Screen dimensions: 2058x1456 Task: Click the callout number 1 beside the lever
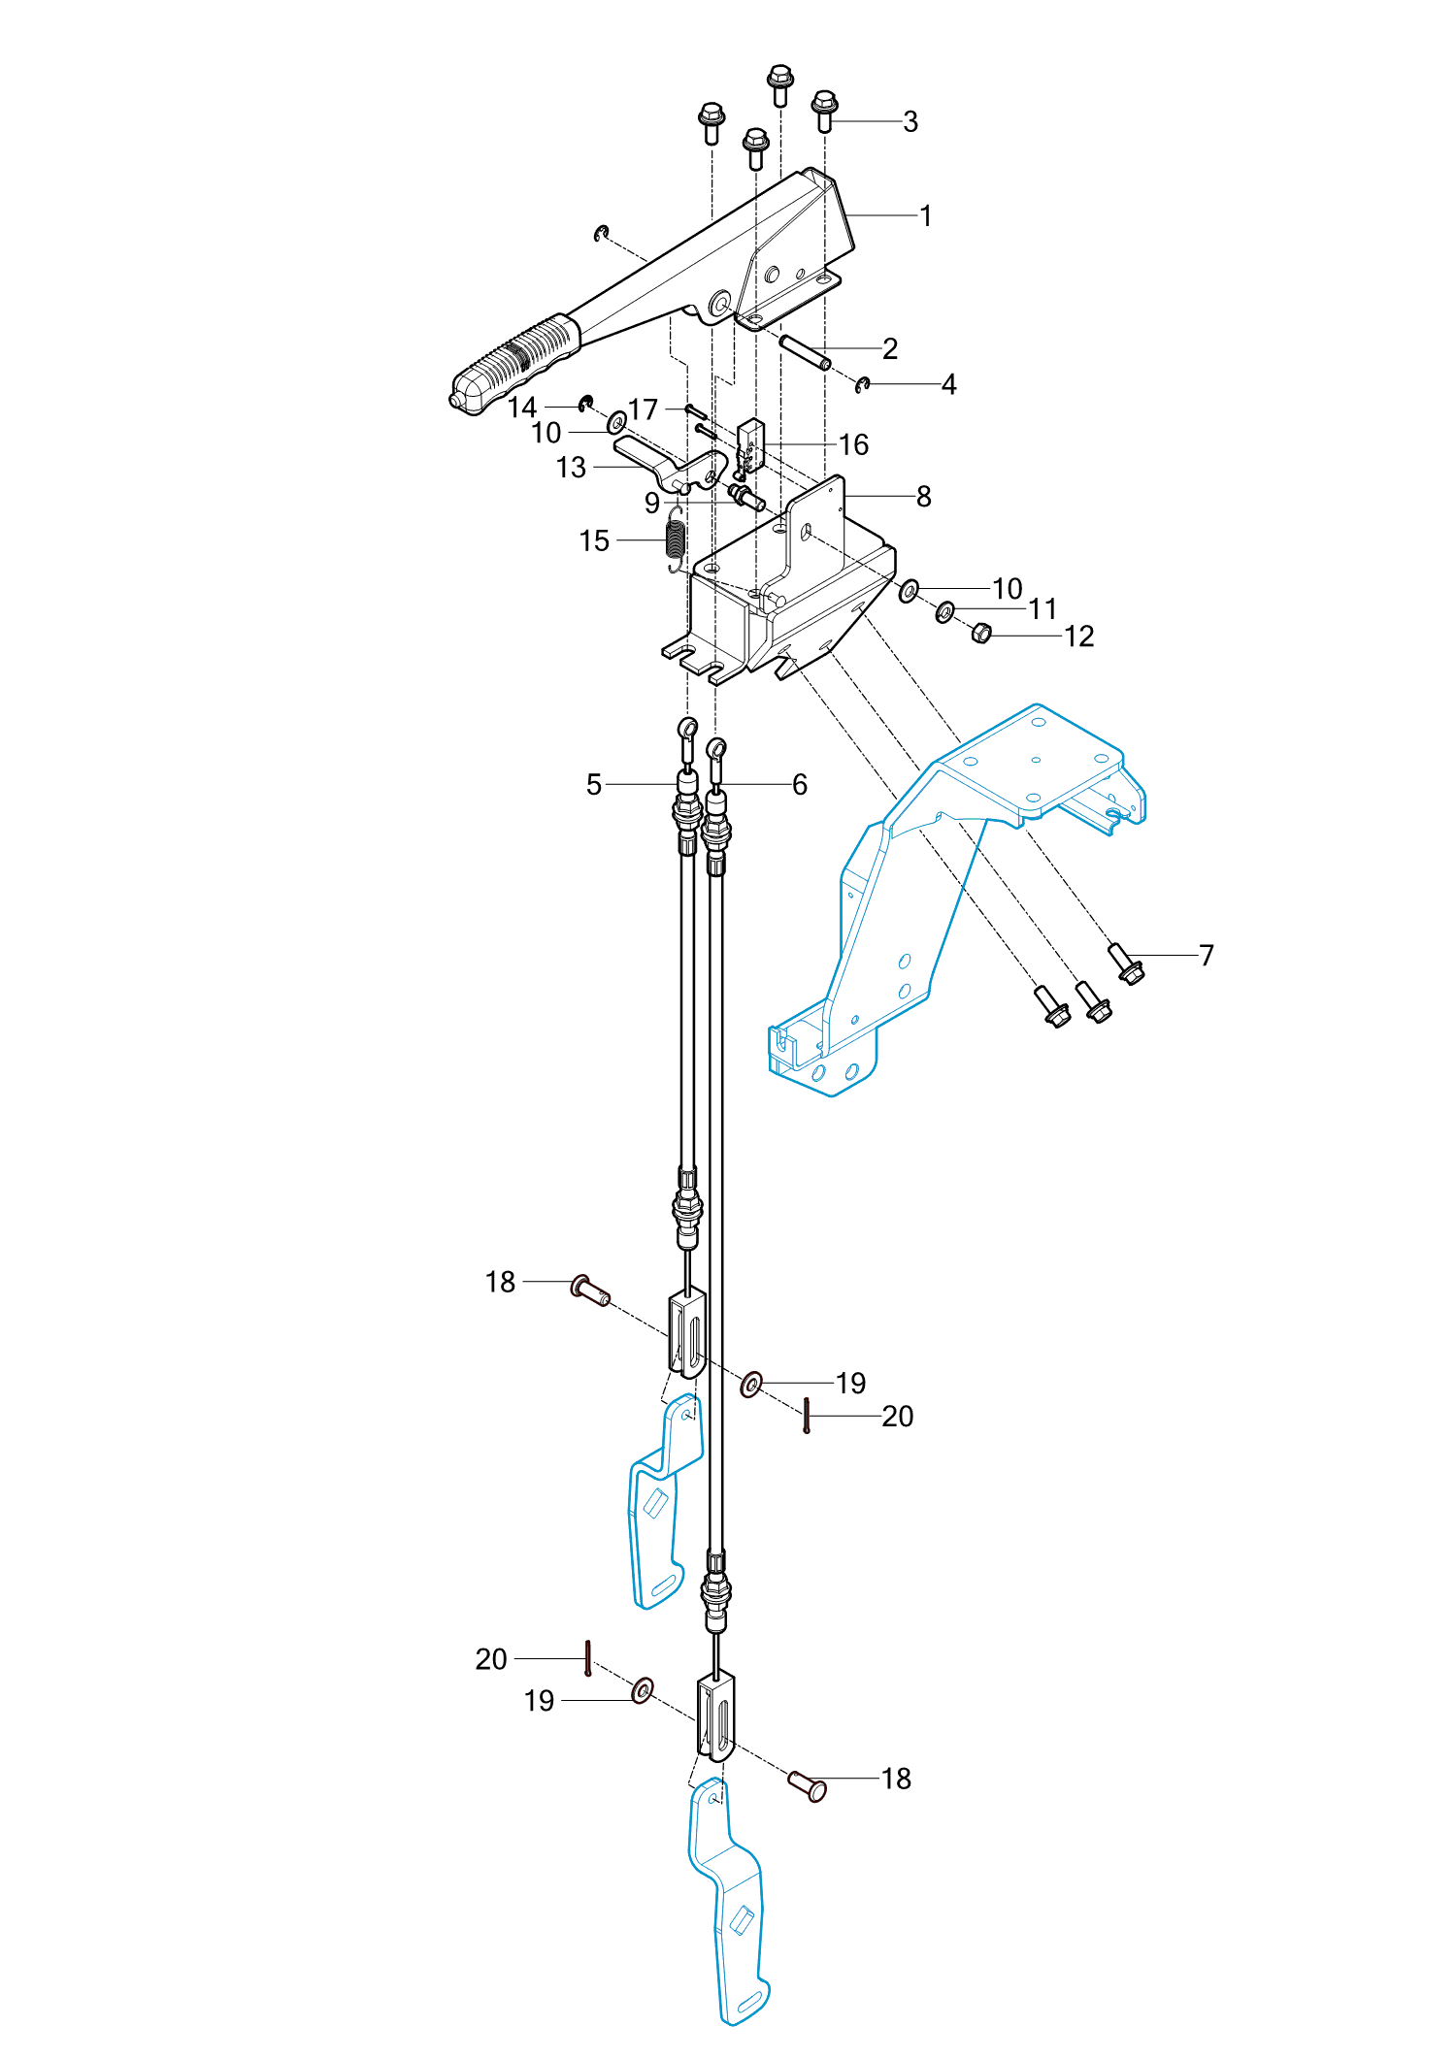926,215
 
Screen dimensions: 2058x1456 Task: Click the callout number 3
910,122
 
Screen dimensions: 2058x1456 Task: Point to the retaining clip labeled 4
863,385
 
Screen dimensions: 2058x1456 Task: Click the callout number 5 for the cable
594,784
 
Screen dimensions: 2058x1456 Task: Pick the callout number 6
800,784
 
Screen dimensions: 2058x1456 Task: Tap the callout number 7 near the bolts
1207,956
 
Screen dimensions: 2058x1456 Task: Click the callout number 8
923,497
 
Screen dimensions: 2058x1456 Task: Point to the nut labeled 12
981,634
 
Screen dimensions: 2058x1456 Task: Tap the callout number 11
1042,609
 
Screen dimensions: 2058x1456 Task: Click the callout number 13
571,468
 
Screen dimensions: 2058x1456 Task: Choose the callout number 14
522,408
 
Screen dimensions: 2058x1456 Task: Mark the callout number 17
644,409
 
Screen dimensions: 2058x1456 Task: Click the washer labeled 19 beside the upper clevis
751,1384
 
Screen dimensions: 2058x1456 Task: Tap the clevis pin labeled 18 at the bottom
808,1785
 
